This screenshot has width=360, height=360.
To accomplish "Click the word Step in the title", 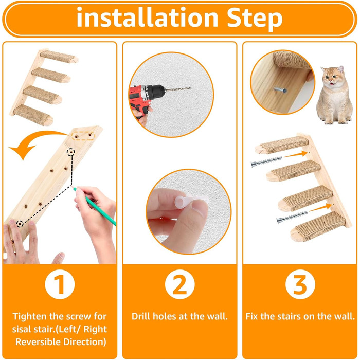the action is coord(255,19).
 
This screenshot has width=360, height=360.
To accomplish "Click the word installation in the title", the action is coord(147,16).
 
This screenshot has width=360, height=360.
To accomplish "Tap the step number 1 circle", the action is coord(60,284).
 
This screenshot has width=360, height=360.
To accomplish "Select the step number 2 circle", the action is coord(180,284).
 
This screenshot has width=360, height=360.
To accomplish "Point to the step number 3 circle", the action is coord(300,284).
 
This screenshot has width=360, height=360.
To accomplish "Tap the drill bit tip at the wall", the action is coord(190,88).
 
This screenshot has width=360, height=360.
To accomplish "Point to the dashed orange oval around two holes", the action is coord(83,136).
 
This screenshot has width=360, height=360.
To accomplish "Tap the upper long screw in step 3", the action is coord(266,161).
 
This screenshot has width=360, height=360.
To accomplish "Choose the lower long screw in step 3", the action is coord(292,217).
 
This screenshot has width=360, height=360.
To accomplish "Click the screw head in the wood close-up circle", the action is coord(283,90).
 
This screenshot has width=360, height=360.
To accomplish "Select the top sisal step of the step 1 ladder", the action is coord(59,57).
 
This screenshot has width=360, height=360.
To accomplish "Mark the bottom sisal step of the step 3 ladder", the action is coord(318,227).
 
